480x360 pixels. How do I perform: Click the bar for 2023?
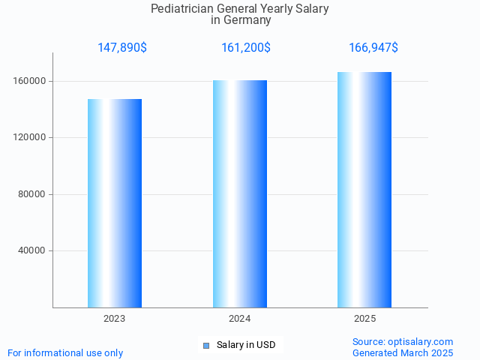click(115, 203)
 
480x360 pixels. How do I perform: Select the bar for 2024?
click(240, 193)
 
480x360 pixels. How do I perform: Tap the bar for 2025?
click(364, 190)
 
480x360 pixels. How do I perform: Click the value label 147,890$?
click(122, 48)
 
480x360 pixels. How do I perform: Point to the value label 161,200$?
click(246, 48)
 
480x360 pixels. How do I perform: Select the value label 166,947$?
click(373, 48)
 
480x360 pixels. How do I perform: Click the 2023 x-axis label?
click(115, 319)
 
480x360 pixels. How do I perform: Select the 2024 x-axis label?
click(240, 319)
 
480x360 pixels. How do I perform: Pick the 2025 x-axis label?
click(365, 319)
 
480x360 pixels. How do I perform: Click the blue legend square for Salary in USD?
click(206, 345)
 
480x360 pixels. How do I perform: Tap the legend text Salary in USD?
click(246, 345)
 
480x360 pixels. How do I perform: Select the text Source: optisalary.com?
click(403, 341)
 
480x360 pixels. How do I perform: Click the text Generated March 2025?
click(403, 352)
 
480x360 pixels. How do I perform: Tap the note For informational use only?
click(65, 352)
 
